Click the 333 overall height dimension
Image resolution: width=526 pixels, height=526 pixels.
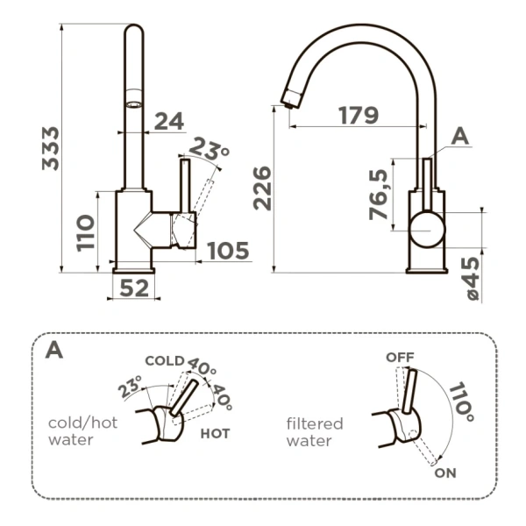tap(50, 148)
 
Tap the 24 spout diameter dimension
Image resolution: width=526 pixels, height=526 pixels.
tap(169, 121)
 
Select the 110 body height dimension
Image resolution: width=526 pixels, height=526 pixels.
tap(85, 233)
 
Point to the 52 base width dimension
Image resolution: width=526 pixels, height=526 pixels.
tap(134, 288)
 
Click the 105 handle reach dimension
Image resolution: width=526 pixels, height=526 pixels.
tap(228, 251)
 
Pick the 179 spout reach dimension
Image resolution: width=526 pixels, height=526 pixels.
tap(359, 115)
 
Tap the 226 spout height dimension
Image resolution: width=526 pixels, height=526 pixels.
tap(262, 188)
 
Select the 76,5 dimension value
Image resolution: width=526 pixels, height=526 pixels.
tap(378, 195)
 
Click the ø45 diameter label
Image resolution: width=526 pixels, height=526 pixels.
tap(473, 279)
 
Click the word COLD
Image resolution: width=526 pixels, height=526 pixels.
tap(165, 360)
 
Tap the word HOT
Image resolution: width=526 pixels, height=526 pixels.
tap(215, 434)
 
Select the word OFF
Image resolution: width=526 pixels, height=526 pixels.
tap(400, 358)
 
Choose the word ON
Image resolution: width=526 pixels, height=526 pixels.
tap(445, 473)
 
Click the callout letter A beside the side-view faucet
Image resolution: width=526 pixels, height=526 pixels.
tap(460, 137)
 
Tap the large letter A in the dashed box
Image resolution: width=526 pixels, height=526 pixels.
tap(54, 350)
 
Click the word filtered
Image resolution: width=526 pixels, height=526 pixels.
tap(315, 423)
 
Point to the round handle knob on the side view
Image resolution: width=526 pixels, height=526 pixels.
tap(427, 230)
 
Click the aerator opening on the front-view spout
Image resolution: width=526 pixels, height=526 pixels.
tap(134, 104)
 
